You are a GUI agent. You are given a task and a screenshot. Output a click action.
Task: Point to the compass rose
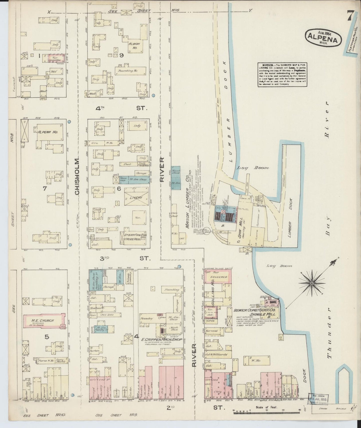point(312,283)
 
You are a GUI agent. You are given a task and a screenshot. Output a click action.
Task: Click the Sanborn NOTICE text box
point(282,75)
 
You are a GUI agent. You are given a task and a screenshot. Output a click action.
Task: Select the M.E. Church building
point(44,321)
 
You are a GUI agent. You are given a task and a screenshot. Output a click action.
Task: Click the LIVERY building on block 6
point(136,198)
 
